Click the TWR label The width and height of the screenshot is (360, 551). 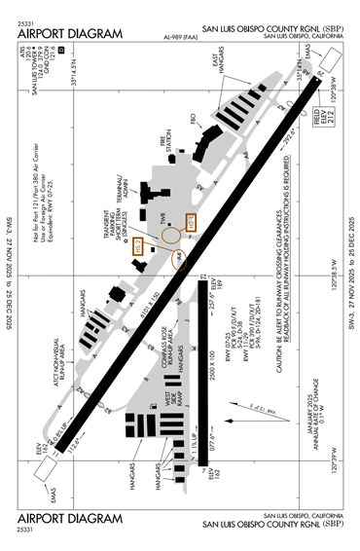click(x=166, y=214)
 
